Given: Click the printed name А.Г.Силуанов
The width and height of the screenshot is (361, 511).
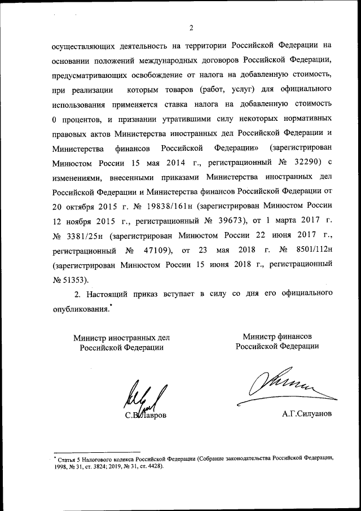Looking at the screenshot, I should [307, 414].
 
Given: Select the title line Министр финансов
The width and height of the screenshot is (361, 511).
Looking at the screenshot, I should [277, 337].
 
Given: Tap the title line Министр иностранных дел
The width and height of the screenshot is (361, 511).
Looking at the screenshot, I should [121, 338].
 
